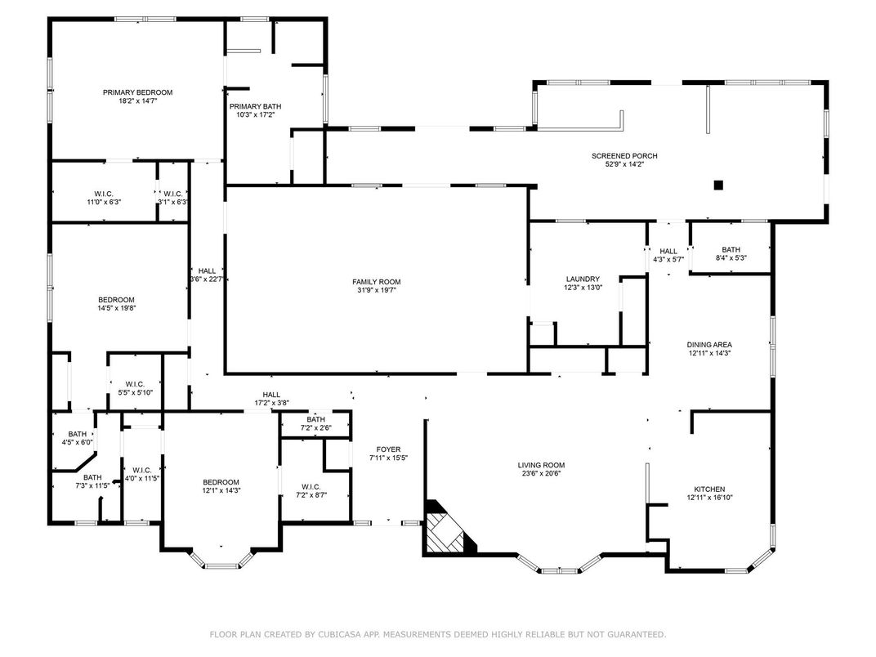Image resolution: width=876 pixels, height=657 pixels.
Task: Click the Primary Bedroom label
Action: (x=137, y=92)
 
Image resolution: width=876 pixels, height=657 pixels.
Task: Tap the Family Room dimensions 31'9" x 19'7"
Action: (x=377, y=290)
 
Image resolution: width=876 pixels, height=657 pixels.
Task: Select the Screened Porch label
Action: (x=624, y=156)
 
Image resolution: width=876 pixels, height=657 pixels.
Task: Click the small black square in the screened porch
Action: (x=718, y=185)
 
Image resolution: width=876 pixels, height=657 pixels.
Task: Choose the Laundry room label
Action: (x=583, y=279)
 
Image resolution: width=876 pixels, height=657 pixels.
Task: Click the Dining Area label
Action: (x=709, y=345)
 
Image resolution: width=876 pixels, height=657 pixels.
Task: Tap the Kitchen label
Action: (x=709, y=489)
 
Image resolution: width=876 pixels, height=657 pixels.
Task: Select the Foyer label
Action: (x=388, y=449)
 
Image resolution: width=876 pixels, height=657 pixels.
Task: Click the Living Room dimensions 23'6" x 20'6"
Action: (x=541, y=473)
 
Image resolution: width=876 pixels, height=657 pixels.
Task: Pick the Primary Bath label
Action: (x=255, y=106)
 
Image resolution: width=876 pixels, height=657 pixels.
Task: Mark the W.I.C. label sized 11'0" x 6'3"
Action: (x=104, y=194)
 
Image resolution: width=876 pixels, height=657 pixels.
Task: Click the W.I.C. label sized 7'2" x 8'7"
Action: (x=311, y=486)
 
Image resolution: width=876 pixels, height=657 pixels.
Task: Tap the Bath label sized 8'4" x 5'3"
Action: (x=731, y=250)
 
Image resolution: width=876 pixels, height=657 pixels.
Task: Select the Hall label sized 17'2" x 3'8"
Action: (x=271, y=395)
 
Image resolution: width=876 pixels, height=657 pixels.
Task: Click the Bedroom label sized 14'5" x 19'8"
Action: (x=116, y=299)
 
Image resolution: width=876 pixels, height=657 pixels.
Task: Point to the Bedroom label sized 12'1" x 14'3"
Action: (x=221, y=482)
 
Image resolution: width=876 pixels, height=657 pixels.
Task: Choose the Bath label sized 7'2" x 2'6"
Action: (x=315, y=419)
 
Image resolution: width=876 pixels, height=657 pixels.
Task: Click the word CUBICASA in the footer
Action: (x=340, y=634)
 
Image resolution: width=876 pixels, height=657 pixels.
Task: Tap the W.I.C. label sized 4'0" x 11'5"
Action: (x=142, y=470)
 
